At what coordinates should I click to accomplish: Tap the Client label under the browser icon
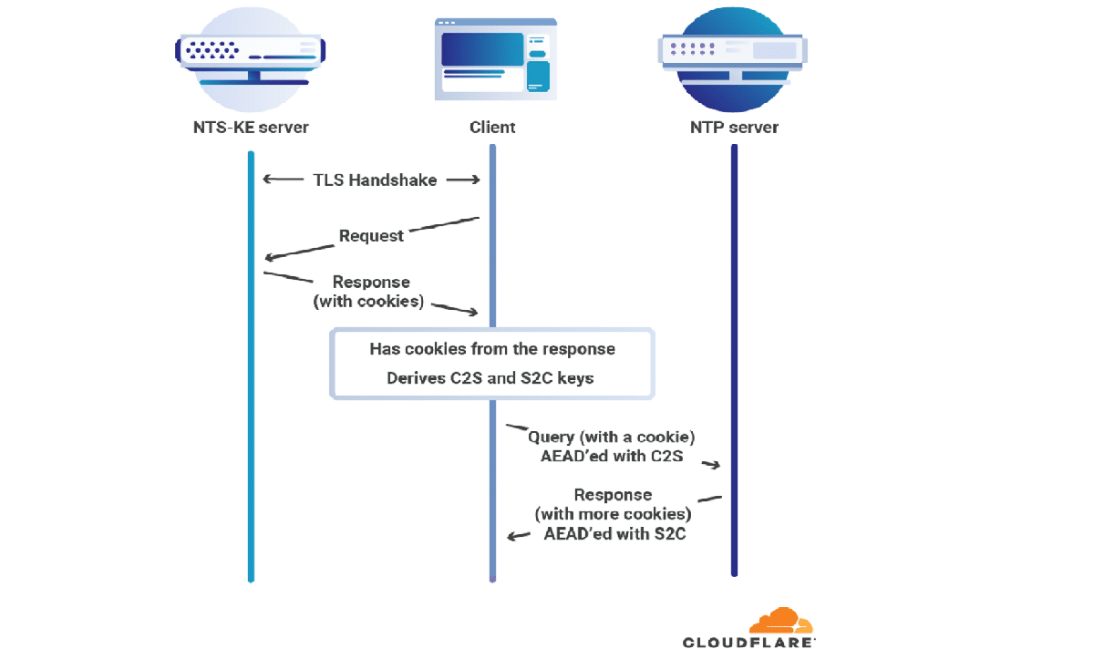tap(491, 127)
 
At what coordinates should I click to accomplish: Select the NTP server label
tap(734, 127)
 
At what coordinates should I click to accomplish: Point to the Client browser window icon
tap(495, 58)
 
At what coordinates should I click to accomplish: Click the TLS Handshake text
tap(375, 180)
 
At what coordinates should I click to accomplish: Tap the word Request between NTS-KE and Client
tap(371, 236)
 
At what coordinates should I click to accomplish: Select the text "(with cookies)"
tap(368, 301)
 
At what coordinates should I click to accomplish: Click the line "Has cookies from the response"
tap(491, 349)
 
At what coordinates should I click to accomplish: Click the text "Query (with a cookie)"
tap(617, 438)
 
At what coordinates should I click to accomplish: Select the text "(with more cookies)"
tap(613, 515)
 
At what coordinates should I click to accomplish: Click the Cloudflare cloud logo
tap(780, 621)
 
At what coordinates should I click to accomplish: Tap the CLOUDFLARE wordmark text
tap(749, 642)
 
